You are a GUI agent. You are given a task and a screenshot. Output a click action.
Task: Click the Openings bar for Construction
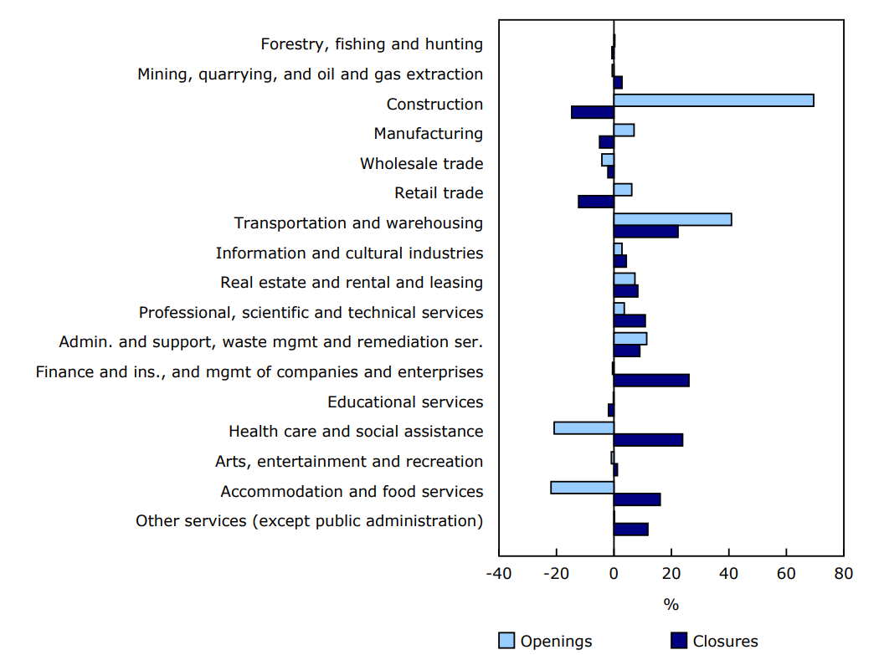click(713, 100)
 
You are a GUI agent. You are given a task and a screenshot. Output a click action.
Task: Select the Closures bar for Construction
click(593, 112)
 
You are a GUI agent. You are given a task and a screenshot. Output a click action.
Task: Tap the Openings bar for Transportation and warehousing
click(672, 219)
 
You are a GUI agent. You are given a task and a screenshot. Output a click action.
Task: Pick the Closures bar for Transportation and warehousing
click(645, 232)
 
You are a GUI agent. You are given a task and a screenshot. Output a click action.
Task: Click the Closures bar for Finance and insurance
click(651, 381)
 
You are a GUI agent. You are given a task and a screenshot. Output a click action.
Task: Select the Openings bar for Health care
click(583, 428)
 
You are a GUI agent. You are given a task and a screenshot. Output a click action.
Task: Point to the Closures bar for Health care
click(648, 440)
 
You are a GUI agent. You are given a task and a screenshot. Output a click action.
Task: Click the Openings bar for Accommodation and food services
click(582, 488)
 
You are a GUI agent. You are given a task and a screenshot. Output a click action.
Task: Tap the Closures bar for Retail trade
click(595, 202)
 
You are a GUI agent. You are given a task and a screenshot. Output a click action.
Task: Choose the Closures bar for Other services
click(630, 529)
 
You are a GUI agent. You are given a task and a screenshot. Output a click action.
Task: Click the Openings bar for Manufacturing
click(624, 130)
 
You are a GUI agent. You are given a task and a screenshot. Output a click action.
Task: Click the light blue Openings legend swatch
click(507, 641)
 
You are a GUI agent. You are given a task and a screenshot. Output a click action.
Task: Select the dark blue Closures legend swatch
click(680, 641)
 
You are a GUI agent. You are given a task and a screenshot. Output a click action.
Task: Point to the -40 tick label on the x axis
click(499, 574)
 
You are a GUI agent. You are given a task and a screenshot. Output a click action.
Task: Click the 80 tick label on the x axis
click(843, 574)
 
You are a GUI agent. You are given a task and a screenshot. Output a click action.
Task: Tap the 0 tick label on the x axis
click(614, 574)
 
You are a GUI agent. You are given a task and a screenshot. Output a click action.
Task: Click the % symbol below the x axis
click(671, 604)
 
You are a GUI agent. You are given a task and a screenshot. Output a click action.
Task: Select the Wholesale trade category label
click(421, 164)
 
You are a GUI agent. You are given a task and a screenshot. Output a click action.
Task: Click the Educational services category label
click(405, 402)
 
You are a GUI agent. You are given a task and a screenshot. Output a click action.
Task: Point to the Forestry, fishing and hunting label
click(372, 44)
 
